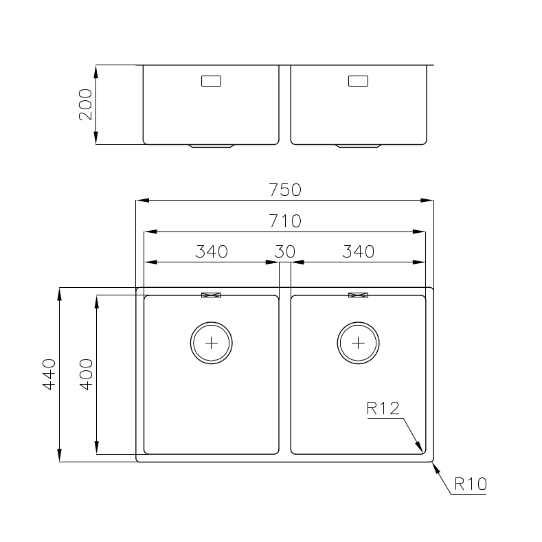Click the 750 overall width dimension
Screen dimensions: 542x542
point(285,190)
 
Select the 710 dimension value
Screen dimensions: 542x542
point(285,221)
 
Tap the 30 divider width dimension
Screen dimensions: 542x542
point(285,251)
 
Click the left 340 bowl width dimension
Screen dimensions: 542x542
point(212,251)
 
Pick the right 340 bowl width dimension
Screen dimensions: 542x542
point(359,251)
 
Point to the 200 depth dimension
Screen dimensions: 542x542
point(86,104)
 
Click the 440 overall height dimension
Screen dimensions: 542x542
point(49,374)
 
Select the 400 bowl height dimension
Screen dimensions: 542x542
point(86,374)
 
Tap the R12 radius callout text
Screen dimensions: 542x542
point(383,408)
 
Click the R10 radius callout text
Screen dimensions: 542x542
point(471,484)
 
